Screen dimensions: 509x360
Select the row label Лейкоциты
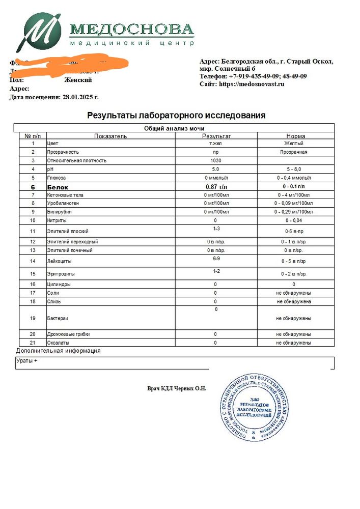pyautogui.click(x=59, y=261)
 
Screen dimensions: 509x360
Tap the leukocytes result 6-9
pyautogui.click(x=216, y=258)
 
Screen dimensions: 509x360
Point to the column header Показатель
pyautogui.click(x=110, y=136)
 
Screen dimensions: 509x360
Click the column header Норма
pyautogui.click(x=295, y=136)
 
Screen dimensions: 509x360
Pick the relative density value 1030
pyautogui.click(x=216, y=160)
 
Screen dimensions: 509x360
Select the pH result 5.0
pyautogui.click(x=216, y=169)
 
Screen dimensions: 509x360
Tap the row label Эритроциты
pyautogui.click(x=60, y=275)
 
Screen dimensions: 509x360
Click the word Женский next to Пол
pyautogui.click(x=77, y=80)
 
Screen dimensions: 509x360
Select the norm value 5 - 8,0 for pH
pyautogui.click(x=295, y=169)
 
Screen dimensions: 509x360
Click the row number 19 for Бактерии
pyautogui.click(x=33, y=318)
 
